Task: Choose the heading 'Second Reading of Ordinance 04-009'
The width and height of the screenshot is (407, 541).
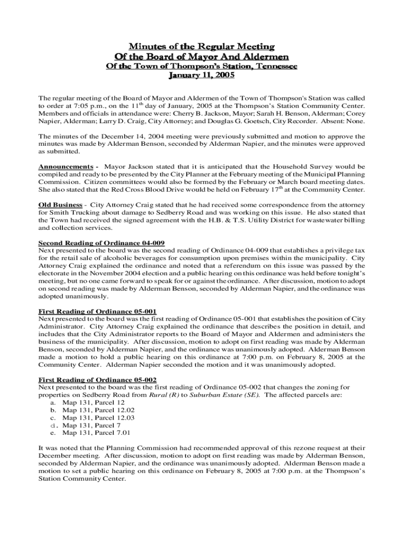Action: [97, 242]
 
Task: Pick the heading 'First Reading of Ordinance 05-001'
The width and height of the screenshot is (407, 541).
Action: [97, 311]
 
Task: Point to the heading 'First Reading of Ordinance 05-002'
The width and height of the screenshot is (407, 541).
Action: [97, 380]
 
